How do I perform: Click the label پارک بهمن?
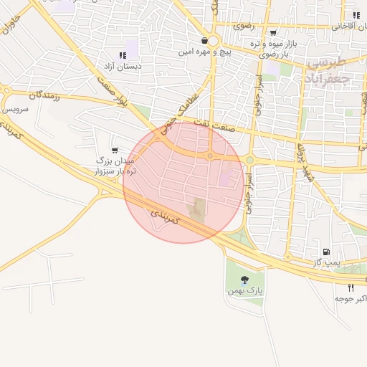(244, 292)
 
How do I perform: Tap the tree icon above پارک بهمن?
(244, 280)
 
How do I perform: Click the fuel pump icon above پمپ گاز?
(327, 252)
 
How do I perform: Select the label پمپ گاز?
(327, 264)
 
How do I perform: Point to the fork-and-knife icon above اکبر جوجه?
(351, 287)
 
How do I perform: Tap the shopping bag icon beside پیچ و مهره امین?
(205, 41)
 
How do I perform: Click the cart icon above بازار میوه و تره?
(273, 33)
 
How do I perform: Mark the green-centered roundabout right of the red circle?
(250, 160)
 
